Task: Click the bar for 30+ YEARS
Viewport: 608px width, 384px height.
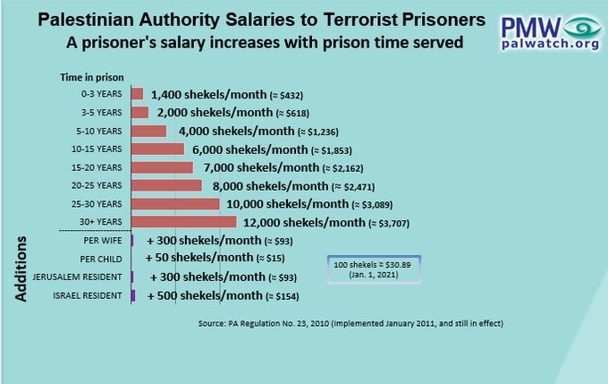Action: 184,222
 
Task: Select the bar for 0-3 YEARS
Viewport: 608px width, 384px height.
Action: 138,94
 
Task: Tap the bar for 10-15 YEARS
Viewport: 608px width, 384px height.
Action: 158,149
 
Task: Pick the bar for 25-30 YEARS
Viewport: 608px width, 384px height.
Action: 175,204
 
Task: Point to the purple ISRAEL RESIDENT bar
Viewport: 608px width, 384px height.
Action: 133,295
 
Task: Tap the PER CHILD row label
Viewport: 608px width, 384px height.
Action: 103,259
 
